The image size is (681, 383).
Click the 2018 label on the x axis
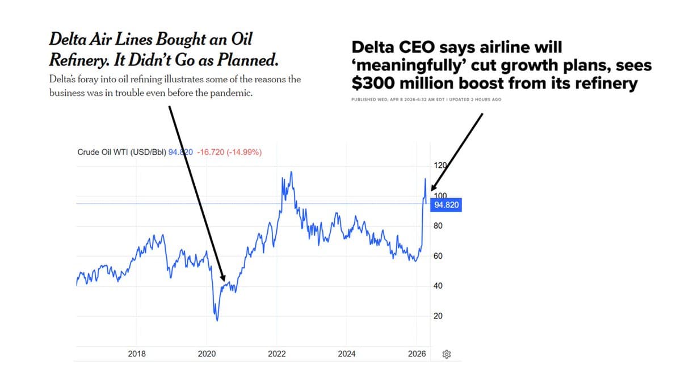(x=137, y=354)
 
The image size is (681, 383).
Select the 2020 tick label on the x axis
(x=207, y=354)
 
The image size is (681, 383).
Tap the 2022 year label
(x=277, y=354)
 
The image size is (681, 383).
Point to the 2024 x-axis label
(x=347, y=354)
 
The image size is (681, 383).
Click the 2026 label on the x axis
(x=417, y=354)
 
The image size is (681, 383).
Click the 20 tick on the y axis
(x=438, y=316)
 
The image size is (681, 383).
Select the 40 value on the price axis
(x=438, y=286)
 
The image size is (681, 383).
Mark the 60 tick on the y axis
(x=438, y=256)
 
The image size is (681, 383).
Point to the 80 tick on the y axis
(x=438, y=226)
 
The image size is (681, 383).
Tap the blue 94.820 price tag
(x=446, y=205)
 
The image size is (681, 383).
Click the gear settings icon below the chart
(x=447, y=355)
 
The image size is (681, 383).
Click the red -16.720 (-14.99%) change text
(x=229, y=152)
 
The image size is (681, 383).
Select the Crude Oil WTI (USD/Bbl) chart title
(x=121, y=152)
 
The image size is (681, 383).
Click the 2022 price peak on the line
(x=291, y=172)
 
